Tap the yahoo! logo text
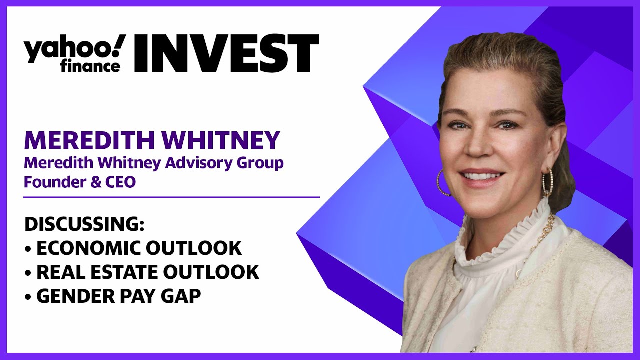tap(75, 48)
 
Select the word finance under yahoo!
tap(90, 66)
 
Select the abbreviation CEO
tap(120, 183)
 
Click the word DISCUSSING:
tap(84, 224)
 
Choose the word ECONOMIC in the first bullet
tap(88, 248)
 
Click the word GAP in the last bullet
tap(181, 296)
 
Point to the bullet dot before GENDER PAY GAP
tap(27, 297)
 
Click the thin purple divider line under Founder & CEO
tap(171, 197)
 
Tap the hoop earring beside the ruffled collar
tap(547, 182)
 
